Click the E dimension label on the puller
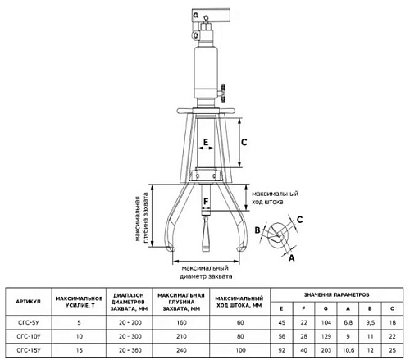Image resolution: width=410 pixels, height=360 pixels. click(206, 142)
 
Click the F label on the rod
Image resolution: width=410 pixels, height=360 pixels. click(206, 202)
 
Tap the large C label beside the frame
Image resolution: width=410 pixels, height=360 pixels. click(244, 142)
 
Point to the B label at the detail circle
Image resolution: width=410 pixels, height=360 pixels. click(257, 230)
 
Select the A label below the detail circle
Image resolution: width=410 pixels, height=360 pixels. click(292, 257)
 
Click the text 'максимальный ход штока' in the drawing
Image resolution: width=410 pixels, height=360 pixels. click(275, 198)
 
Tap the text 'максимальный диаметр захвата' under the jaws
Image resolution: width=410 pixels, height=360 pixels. click(206, 272)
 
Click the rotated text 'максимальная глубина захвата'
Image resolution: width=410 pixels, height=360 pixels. click(142, 219)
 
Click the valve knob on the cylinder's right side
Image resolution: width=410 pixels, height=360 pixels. click(223, 93)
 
